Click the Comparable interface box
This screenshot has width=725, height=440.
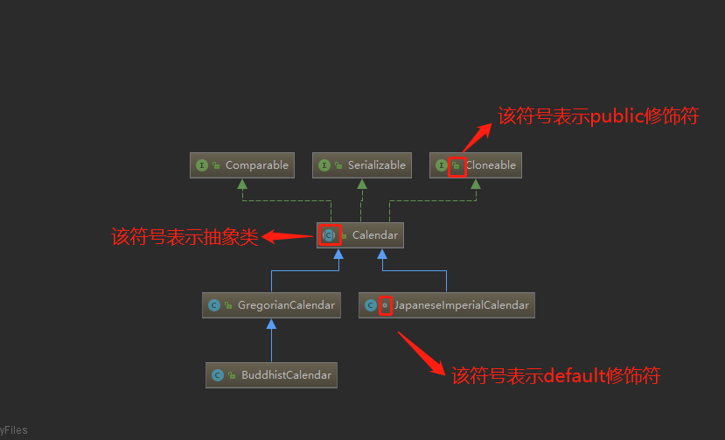pyautogui.click(x=241, y=165)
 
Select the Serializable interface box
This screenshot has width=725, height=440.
pyautogui.click(x=361, y=165)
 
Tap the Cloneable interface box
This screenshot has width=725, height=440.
pyautogui.click(x=476, y=165)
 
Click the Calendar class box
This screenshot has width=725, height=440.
pyautogui.click(x=360, y=235)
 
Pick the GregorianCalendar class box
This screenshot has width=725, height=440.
pyautogui.click(x=271, y=305)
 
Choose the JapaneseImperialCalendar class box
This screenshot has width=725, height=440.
pyautogui.click(x=446, y=305)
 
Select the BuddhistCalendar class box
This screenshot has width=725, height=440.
pyautogui.click(x=271, y=375)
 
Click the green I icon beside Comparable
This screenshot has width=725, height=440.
pyautogui.click(x=202, y=165)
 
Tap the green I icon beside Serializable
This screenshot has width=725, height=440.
pyautogui.click(x=324, y=165)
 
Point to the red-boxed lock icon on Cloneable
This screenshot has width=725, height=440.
pyautogui.click(x=457, y=165)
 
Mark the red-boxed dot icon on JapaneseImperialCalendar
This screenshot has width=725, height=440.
pyautogui.click(x=385, y=305)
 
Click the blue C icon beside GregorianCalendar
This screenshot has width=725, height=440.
pyautogui.click(x=214, y=305)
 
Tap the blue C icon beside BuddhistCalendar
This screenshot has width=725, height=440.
pyautogui.click(x=218, y=375)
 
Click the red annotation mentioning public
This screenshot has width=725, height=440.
pyautogui.click(x=598, y=116)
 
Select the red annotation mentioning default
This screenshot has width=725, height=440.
pyautogui.click(x=555, y=376)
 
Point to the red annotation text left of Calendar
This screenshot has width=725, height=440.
pyautogui.click(x=185, y=236)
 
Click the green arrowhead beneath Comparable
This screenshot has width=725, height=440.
pyautogui.click(x=241, y=185)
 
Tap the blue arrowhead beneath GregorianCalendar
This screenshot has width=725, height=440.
pyautogui.click(x=271, y=325)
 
